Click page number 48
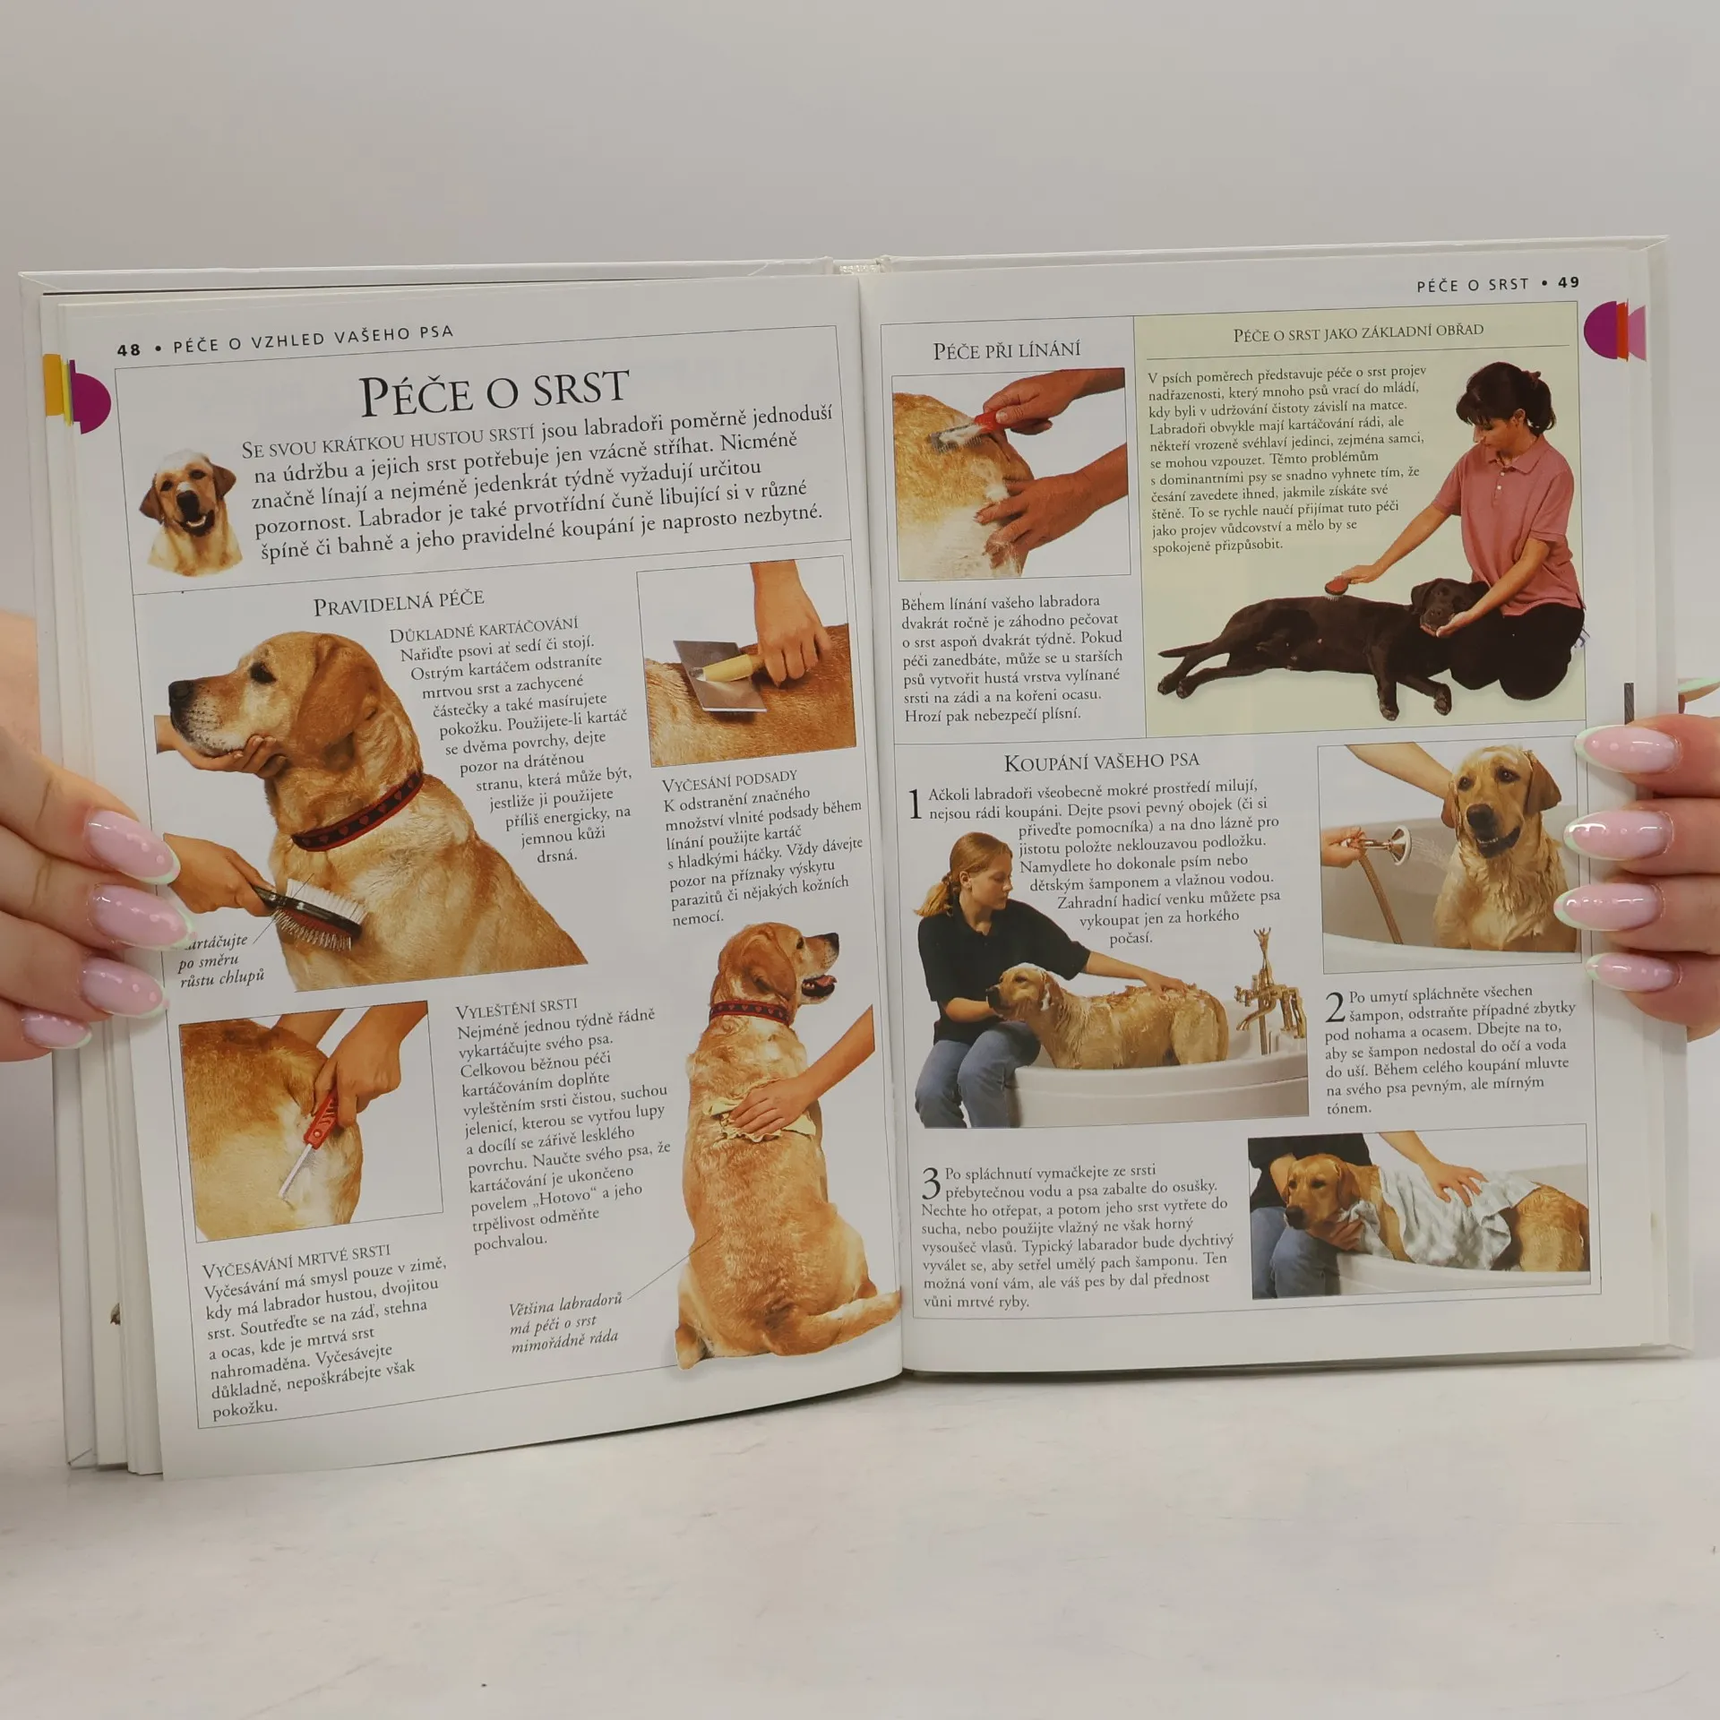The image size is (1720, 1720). pyautogui.click(x=129, y=349)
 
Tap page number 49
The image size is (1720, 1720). pyautogui.click(x=1569, y=282)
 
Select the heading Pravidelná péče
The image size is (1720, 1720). pyautogui.click(x=399, y=603)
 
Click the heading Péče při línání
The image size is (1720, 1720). pyautogui.click(x=1007, y=350)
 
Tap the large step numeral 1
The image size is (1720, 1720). pyautogui.click(x=915, y=804)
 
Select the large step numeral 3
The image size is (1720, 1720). pyautogui.click(x=932, y=1182)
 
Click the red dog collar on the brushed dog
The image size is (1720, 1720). pyautogui.click(x=358, y=813)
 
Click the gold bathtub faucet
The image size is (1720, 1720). pyautogui.click(x=1265, y=990)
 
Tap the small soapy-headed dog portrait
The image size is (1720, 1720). pyautogui.click(x=191, y=512)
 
